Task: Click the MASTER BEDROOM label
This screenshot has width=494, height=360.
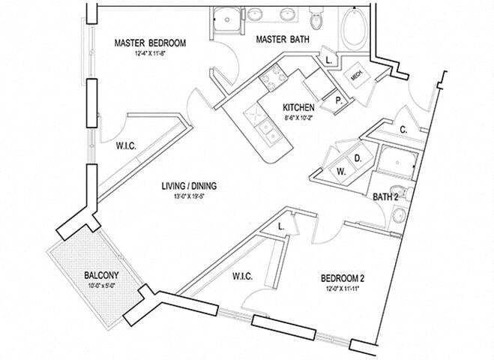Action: click(150, 43)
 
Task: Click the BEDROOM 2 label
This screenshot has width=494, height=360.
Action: click(342, 276)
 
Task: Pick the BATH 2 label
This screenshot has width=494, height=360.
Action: click(385, 197)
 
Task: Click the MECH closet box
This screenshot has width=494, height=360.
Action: click(355, 75)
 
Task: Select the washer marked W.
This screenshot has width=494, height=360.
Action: click(340, 172)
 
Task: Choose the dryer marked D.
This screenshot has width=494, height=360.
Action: click(358, 159)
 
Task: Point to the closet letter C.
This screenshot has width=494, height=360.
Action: click(403, 130)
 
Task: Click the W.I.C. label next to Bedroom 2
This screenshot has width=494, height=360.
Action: click(241, 277)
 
